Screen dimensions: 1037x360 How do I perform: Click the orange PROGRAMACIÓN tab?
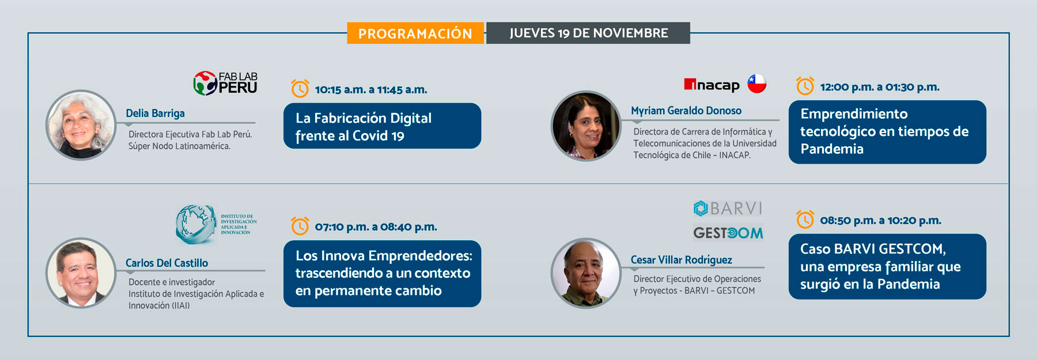(415, 33)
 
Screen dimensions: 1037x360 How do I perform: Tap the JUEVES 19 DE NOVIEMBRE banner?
(588, 33)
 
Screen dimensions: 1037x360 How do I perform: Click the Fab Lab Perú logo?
(225, 83)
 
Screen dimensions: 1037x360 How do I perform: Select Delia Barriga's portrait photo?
(81, 125)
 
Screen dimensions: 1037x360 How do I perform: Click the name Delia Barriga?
(156, 113)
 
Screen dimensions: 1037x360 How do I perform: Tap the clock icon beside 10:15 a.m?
(300, 89)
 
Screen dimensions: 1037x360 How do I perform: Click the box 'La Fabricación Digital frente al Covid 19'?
(382, 126)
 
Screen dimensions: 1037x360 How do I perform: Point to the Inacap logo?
(711, 85)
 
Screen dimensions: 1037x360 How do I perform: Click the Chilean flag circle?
(757, 84)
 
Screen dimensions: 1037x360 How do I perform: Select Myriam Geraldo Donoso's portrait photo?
(586, 126)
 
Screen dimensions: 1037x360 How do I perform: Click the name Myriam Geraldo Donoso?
(686, 111)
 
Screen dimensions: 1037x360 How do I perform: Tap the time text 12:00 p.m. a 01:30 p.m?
(880, 87)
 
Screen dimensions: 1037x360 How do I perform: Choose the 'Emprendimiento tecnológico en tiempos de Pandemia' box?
(887, 132)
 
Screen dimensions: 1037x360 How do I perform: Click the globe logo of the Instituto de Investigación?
(196, 223)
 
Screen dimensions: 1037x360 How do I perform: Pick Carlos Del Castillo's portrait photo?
(81, 273)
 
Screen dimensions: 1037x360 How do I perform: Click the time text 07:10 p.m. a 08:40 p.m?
(376, 227)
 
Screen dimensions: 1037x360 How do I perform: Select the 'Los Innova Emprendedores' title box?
(382, 274)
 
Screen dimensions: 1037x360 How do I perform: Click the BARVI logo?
(728, 208)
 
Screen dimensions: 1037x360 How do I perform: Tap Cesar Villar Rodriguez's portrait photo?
(586, 273)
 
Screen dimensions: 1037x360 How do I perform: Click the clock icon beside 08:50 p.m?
(805, 219)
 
